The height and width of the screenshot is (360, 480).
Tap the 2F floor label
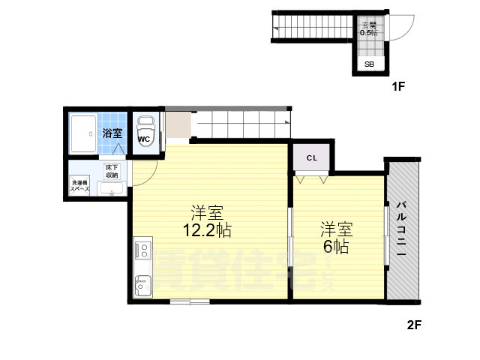(414, 326)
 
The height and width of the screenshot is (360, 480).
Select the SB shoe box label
(370, 64)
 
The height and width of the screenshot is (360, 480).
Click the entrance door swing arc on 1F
(403, 26)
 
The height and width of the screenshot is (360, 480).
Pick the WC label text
(145, 138)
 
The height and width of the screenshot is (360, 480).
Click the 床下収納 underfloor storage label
(112, 171)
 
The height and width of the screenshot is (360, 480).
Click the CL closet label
(311, 159)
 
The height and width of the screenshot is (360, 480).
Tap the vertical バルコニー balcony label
(401, 229)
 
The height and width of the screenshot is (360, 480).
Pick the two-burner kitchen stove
(142, 250)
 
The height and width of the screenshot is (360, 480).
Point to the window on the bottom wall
(190, 301)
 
